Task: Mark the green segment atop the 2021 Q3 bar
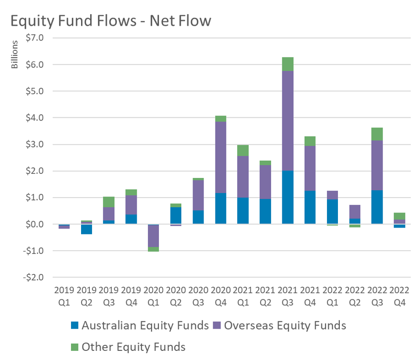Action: [x=288, y=64]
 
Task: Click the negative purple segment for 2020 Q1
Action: [x=153, y=236]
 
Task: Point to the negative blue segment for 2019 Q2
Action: [x=86, y=229]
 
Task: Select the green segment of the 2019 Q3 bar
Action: [x=108, y=202]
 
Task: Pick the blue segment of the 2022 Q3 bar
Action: [x=377, y=207]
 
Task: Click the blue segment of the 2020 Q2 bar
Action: [x=176, y=215]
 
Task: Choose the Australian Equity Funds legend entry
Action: [x=139, y=325]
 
